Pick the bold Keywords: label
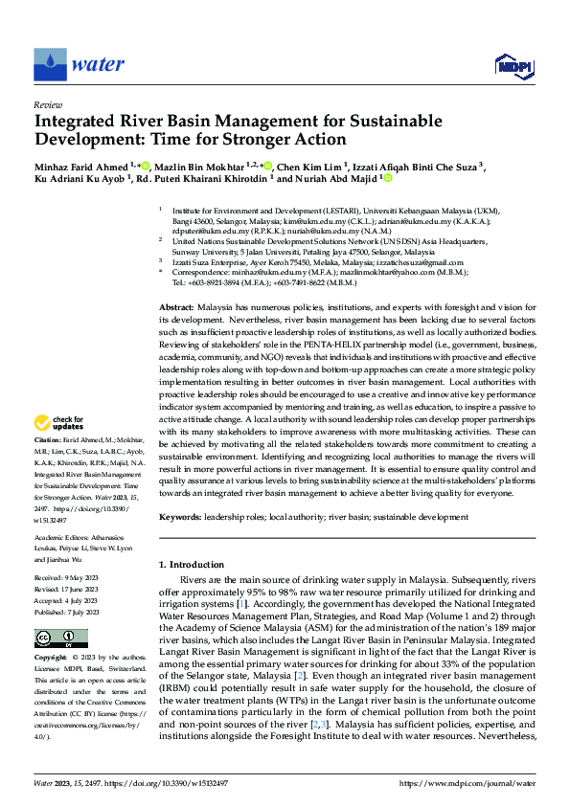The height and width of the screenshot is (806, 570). point(182,517)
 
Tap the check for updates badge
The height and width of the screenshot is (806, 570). point(58,449)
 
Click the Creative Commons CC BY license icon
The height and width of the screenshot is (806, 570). point(57,638)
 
